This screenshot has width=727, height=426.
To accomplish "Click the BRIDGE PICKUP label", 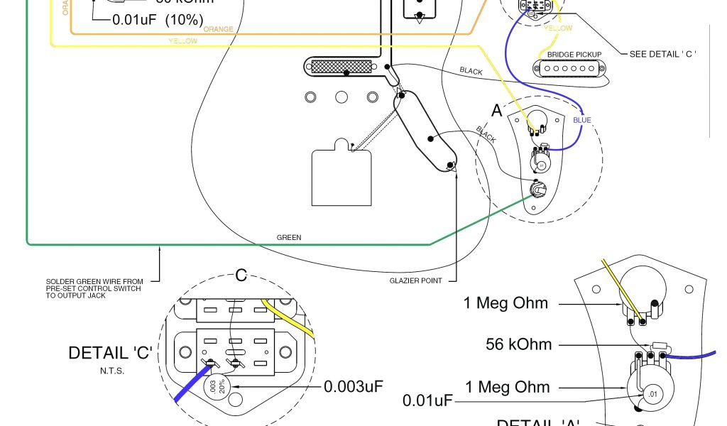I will tap(574, 55).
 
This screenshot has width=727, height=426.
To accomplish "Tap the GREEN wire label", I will tap(289, 238).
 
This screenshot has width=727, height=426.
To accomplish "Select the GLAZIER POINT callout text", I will tap(416, 280).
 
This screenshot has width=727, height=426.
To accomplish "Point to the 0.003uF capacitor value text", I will tap(353, 387).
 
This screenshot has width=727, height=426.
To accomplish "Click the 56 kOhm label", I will tap(518, 345).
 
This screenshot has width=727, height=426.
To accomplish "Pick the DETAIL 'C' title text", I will tap(110, 353).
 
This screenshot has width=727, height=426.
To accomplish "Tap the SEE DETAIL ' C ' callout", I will tap(663, 55).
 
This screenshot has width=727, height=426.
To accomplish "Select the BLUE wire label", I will tap(581, 120).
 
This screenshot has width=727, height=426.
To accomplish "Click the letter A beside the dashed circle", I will tap(497, 111).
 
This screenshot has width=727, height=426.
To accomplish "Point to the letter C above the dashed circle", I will tap(241, 275).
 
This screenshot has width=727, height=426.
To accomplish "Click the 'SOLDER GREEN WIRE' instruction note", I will tap(94, 288).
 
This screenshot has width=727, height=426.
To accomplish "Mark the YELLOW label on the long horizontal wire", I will tap(182, 41).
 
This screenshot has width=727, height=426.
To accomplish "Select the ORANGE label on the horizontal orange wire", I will tap(217, 29).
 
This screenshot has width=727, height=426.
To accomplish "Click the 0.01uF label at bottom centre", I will tap(427, 400).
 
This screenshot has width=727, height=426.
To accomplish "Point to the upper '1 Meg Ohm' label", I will tap(505, 303).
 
